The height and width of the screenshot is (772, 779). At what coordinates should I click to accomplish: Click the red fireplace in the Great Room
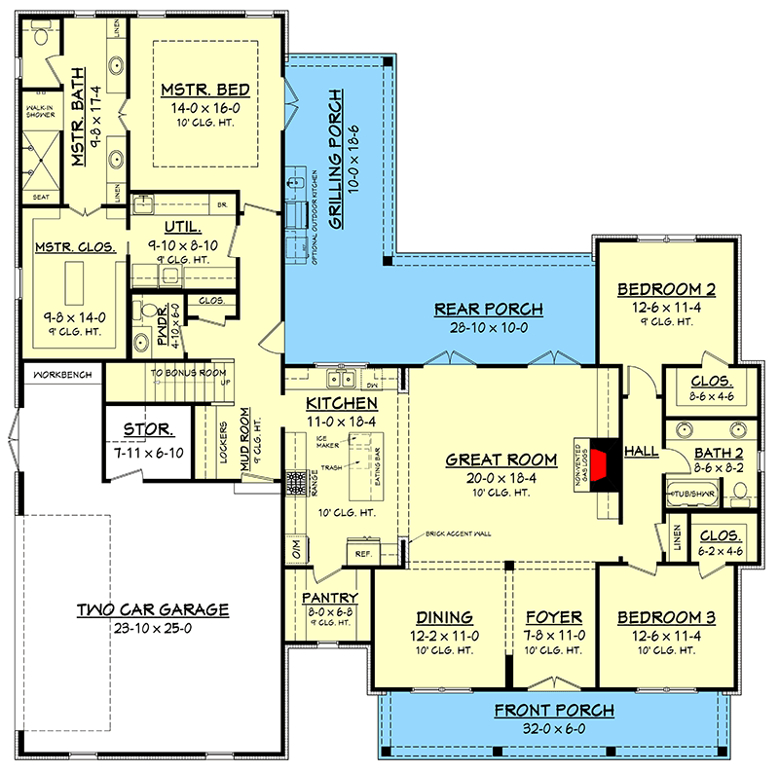pos(606,460)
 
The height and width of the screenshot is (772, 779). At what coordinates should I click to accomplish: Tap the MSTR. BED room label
pos(205,91)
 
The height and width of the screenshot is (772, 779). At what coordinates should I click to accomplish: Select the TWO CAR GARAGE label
pos(153,609)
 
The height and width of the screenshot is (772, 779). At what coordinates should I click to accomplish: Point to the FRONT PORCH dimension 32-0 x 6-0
pos(553,727)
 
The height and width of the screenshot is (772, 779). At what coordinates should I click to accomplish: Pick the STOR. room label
pos(148,429)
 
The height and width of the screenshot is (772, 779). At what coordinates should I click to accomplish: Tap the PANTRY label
pos(329,598)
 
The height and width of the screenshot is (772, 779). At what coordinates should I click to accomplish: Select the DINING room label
pos(444,617)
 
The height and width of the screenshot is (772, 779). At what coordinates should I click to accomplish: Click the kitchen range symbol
pos(295,479)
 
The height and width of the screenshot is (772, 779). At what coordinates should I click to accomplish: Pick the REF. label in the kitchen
pos(362,552)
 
